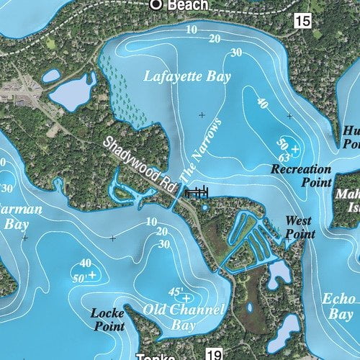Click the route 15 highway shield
pyautogui.click(x=302, y=21)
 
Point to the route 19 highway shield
pyautogui.click(x=212, y=354)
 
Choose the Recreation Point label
pyautogui.click(x=301, y=175)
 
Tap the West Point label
pyautogui.click(x=299, y=227)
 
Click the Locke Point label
pyautogui.click(x=109, y=319)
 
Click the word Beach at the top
pyautogui.click(x=188, y=5)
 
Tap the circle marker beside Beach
pyautogui.click(x=156, y=4)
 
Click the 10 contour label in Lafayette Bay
pyautogui.click(x=191, y=30)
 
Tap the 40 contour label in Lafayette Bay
pyautogui.click(x=262, y=103)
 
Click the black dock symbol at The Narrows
pyautogui.click(x=197, y=192)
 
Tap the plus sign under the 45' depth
pyautogui.click(x=186, y=298)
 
